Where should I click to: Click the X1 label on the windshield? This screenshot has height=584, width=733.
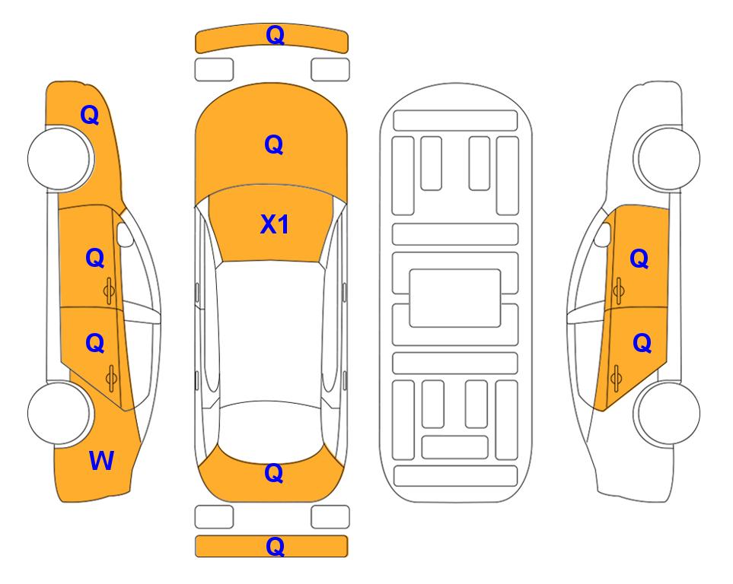tap(275, 224)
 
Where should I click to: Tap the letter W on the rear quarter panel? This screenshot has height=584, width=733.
tap(101, 461)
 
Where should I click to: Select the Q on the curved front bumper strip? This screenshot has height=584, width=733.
tap(275, 35)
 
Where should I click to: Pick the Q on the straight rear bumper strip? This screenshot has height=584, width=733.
tap(275, 546)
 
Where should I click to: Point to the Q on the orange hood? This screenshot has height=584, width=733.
tap(274, 144)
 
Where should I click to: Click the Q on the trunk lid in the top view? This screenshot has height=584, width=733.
tap(274, 473)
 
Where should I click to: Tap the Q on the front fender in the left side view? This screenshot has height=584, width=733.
tap(90, 115)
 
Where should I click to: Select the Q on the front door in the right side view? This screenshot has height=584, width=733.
tap(639, 259)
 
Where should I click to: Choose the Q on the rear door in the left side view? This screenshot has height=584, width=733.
tap(95, 344)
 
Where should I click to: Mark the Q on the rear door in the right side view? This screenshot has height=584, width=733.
tap(642, 344)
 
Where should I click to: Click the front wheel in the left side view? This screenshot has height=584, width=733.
tap(59, 159)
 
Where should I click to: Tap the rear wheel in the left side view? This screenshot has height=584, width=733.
tap(59, 413)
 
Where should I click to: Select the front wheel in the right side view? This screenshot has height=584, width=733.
tap(668, 158)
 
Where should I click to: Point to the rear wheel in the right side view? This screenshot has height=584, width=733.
tap(668, 413)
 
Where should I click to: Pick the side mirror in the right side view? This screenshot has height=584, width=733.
tap(603, 234)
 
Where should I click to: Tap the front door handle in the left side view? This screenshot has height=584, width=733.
tap(109, 290)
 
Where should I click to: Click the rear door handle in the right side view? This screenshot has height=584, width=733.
tap(616, 378)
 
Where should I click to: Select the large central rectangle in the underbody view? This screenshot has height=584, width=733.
tap(455, 298)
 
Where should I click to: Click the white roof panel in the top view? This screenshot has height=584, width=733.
tap(270, 332)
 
